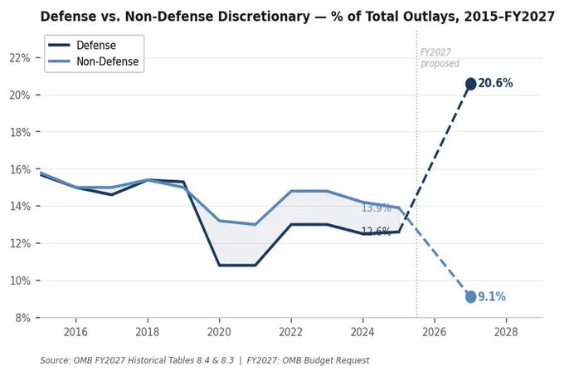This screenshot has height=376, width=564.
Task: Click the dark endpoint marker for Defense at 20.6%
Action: coord(470,84)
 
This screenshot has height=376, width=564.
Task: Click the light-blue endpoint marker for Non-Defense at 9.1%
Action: coord(470,297)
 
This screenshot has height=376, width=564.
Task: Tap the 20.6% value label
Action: coord(495,83)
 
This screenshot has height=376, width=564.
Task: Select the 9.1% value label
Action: coord(492,296)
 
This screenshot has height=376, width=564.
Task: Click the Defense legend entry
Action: coord(82,45)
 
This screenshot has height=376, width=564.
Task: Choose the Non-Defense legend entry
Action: coord(94,61)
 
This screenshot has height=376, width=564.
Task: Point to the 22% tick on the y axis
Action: coord(20,58)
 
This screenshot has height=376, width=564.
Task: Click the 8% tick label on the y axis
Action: coord(22,318)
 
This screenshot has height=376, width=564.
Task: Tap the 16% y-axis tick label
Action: coord(20,169)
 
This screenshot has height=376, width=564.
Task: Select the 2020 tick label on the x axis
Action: coord(219,332)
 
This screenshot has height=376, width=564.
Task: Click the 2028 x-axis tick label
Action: coord(506,332)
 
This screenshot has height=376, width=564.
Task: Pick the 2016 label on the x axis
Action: coord(75,332)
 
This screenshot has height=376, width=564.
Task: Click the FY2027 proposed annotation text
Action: coord(440,58)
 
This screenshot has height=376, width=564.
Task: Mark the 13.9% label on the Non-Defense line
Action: coord(376,208)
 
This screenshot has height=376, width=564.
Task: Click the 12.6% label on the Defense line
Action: coord(376,231)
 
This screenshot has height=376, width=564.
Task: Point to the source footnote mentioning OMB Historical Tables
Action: coord(205,360)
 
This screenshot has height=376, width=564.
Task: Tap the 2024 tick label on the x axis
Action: coord(362,332)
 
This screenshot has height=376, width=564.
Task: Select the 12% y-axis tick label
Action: coord(20,243)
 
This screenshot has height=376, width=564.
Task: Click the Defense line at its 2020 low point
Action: coord(219,266)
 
